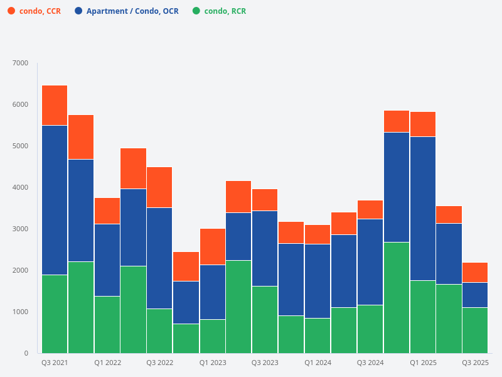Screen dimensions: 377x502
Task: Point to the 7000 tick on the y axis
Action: coord(21,63)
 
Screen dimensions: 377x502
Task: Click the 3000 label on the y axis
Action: coord(21,229)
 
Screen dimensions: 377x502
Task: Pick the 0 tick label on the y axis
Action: coord(26,353)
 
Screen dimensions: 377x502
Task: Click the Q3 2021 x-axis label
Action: coord(55,363)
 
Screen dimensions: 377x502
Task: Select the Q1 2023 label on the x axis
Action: coord(213,363)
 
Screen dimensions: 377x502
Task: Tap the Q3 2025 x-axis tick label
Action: coord(475,363)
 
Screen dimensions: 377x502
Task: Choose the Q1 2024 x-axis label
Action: coord(318,363)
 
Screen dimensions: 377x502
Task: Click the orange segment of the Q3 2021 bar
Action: coord(55,106)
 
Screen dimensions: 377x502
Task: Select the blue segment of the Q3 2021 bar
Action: coord(55,200)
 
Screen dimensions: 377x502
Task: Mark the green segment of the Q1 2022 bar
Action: coord(107,324)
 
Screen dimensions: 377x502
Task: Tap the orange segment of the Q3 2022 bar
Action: coord(160,187)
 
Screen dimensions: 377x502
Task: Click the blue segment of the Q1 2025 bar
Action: coord(423,209)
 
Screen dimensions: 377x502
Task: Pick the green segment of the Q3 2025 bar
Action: coord(475,330)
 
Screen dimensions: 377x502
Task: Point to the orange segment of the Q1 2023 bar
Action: coord(213,247)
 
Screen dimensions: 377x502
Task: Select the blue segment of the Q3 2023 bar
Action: coord(265,248)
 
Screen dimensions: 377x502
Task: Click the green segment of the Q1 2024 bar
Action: coord(318,336)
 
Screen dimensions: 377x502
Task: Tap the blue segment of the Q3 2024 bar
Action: coord(370,262)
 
